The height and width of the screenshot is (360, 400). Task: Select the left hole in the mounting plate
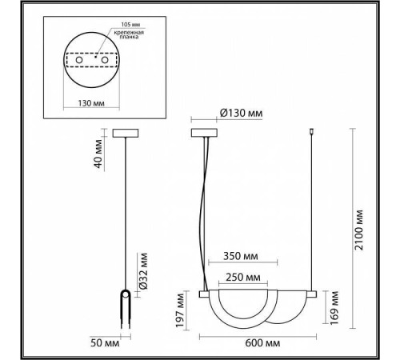(82, 59)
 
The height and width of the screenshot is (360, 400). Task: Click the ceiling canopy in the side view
(127, 134)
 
